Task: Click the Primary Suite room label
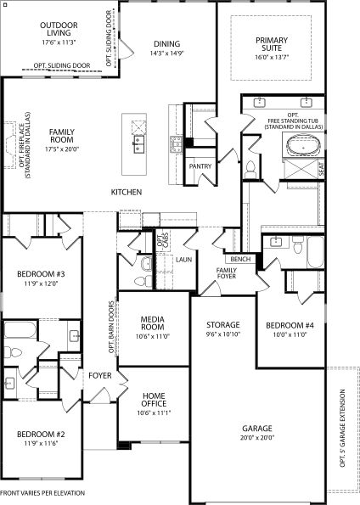coord(272,44)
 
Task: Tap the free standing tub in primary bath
coord(303,147)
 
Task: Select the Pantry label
coord(200,166)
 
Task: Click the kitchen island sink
coord(139,143)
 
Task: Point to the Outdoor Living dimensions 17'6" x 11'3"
coord(59,42)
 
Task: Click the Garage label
coord(257,429)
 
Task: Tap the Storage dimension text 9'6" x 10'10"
coord(223,334)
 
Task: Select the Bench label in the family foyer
coord(240,259)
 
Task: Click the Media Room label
coord(153,323)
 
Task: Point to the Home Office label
coord(154,400)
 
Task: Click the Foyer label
coord(100,375)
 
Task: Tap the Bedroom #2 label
coord(41,435)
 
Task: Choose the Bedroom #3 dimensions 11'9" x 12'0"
coord(41,283)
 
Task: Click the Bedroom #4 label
coord(290,325)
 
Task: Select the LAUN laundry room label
coord(184,259)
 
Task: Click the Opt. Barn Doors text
coord(111,327)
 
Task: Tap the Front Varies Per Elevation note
coord(42,493)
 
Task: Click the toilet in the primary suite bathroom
coord(250,169)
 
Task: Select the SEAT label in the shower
coord(321,169)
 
